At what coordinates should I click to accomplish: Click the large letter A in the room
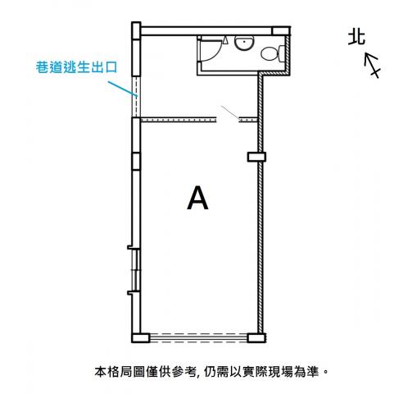click(x=197, y=198)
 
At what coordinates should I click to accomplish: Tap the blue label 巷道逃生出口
click(x=76, y=67)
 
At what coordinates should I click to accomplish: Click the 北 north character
click(x=356, y=38)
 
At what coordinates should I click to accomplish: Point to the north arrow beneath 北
click(x=372, y=65)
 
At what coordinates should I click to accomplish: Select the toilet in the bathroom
click(x=273, y=53)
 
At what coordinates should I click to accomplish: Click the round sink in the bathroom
click(x=244, y=43)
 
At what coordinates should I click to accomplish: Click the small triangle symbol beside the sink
click(x=225, y=40)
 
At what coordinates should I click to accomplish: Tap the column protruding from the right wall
click(x=256, y=157)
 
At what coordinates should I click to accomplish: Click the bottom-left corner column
click(x=141, y=338)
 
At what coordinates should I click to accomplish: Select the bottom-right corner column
click(x=256, y=338)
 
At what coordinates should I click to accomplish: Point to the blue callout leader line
click(x=122, y=89)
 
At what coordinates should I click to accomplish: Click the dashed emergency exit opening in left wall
click(x=136, y=97)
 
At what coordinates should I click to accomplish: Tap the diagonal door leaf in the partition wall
click(x=230, y=113)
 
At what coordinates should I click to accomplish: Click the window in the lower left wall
click(x=136, y=270)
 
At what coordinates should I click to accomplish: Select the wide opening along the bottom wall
click(x=198, y=338)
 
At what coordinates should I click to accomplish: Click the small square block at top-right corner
click(x=281, y=31)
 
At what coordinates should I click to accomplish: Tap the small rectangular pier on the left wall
click(x=136, y=162)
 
